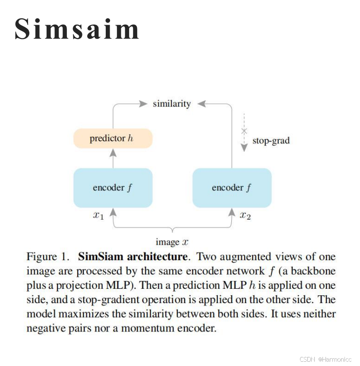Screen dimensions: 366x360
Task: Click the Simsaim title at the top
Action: tap(77, 29)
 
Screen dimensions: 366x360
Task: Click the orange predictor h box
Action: tap(113, 139)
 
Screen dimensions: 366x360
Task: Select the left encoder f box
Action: tap(113, 188)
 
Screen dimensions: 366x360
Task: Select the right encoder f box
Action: tap(232, 188)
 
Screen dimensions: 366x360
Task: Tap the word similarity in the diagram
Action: tap(172, 104)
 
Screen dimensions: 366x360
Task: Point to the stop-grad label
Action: tap(271, 141)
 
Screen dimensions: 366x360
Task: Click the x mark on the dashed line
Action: tap(244, 130)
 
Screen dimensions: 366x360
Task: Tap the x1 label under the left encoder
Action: tap(98, 215)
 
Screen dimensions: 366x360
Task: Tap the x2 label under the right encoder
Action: tap(245, 215)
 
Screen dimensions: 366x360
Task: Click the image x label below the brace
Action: tap(172, 242)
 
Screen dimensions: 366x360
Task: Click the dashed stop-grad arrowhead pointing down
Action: tap(244, 147)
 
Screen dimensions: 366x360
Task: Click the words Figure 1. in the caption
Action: tap(48, 257)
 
